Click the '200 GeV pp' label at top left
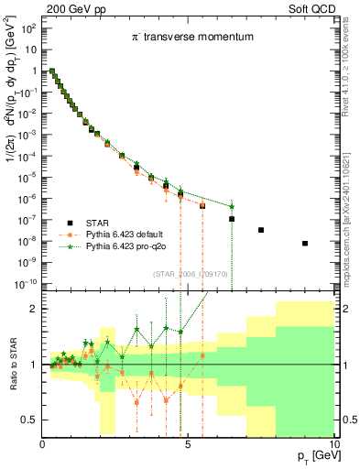coord(75,10)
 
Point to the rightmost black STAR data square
coord(304,243)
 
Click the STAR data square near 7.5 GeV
coord(261,230)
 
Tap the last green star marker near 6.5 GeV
coord(232,206)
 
